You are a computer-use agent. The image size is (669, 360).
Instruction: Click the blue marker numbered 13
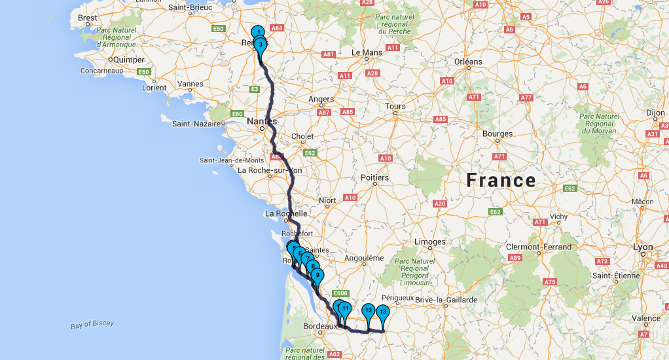(x=383, y=312)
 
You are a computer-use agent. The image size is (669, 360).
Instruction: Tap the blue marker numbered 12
(x=369, y=311)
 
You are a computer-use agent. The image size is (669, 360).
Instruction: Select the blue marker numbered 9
(x=317, y=276)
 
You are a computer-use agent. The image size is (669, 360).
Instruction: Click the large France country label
(x=501, y=181)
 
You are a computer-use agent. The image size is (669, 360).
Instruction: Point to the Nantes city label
(x=262, y=121)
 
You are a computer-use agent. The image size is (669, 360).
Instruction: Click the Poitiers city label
(x=375, y=177)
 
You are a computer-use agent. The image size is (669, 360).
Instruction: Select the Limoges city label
(x=430, y=242)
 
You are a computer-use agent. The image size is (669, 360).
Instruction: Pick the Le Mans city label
(x=367, y=52)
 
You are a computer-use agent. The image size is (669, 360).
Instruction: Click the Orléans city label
(x=468, y=62)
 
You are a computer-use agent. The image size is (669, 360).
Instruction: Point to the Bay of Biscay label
(x=92, y=323)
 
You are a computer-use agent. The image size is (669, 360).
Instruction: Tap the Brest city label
(x=88, y=18)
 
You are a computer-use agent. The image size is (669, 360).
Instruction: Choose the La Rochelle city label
(x=286, y=213)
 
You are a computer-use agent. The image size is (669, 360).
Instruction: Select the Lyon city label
(x=643, y=247)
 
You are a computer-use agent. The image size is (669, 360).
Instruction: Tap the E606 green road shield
(x=340, y=294)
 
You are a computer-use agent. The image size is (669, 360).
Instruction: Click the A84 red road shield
(x=277, y=28)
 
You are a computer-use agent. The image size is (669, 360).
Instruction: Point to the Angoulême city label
(x=364, y=258)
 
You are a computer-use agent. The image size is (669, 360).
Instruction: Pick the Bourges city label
(x=497, y=134)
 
